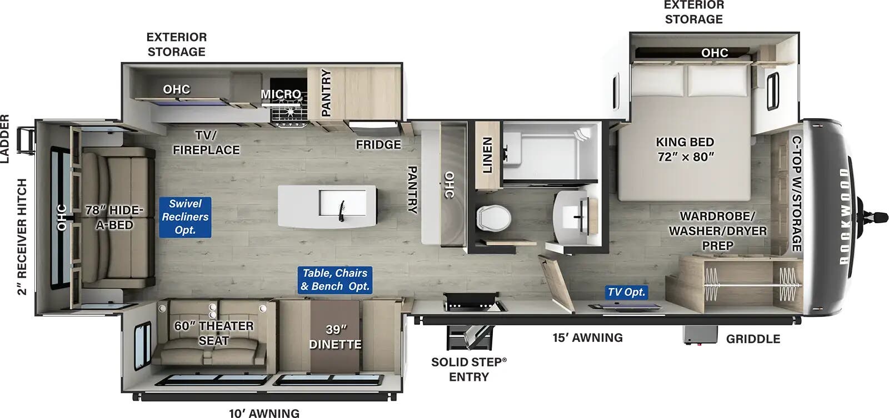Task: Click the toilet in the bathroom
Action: coord(493,217)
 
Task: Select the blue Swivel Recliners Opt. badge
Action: coord(185,217)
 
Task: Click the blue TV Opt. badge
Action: coord(626,292)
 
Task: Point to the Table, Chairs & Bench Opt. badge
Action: coord(334,280)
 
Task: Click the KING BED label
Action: coord(685,149)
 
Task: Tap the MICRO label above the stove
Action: coord(281,94)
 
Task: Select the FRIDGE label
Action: coord(378,144)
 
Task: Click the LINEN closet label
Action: coord(487,155)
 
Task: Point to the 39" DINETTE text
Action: coord(335,337)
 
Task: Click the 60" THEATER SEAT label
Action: coord(213,333)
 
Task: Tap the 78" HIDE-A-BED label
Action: coord(114,217)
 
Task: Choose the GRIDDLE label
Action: coord(753,339)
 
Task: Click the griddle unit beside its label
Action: coord(699,335)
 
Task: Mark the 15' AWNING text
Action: coord(587,338)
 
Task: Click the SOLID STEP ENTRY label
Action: coord(468,369)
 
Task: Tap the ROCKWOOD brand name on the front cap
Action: coord(844,216)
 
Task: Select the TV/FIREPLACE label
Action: coord(206,143)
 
